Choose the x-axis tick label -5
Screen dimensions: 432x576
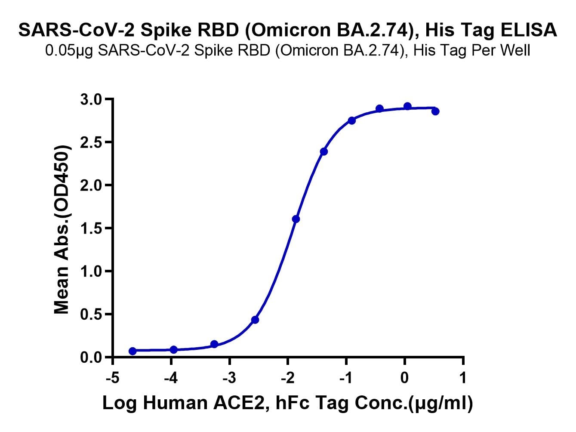(x=112, y=377)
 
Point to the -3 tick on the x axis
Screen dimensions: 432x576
(x=229, y=377)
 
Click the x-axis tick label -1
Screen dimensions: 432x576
(x=346, y=377)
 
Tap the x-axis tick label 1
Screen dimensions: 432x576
(x=463, y=377)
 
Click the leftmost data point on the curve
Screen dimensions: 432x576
(x=132, y=351)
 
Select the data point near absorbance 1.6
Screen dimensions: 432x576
(x=296, y=219)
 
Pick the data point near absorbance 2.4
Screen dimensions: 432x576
(x=324, y=151)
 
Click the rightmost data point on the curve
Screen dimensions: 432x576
(x=435, y=111)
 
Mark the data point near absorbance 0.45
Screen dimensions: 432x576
(x=255, y=320)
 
